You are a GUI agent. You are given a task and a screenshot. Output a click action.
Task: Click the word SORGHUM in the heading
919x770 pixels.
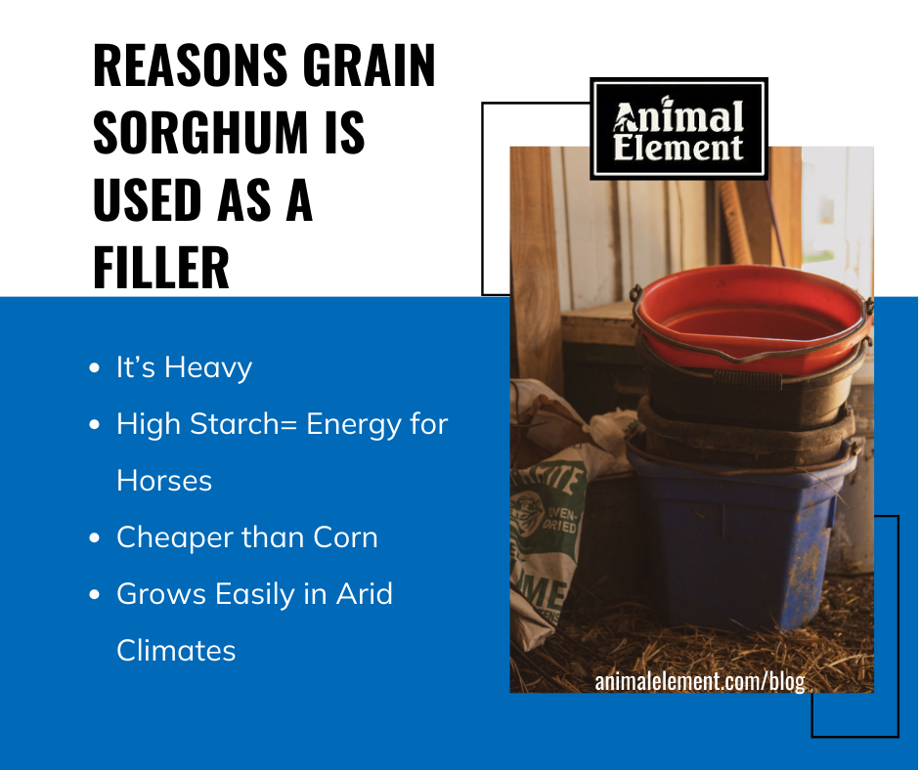[x=200, y=133]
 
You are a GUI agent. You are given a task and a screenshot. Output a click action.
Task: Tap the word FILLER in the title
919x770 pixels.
[x=161, y=267]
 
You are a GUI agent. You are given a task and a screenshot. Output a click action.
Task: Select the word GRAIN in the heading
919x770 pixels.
[x=370, y=65]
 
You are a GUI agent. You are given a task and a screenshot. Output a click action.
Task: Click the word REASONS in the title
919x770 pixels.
[x=190, y=65]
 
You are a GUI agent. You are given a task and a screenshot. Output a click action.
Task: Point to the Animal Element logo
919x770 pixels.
[x=678, y=128]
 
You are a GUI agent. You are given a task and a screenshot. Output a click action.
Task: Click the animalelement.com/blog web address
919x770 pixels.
[x=700, y=681]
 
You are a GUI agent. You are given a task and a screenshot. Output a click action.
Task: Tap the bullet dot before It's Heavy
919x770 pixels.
[x=95, y=368]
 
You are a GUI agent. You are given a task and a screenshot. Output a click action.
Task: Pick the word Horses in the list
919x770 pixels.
[x=164, y=481]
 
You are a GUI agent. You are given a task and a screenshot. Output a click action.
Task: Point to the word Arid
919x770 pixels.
[x=364, y=593]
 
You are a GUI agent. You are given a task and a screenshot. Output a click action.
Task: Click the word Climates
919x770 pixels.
[x=176, y=651]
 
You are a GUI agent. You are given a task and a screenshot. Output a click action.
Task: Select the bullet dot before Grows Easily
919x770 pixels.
[x=95, y=594]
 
